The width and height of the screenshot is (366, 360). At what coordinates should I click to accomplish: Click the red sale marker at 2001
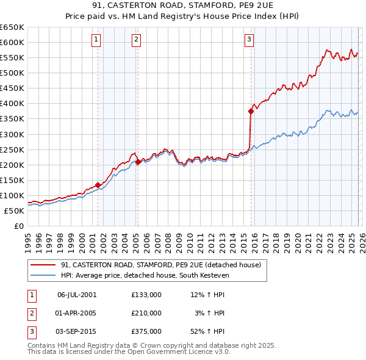pos(98,185)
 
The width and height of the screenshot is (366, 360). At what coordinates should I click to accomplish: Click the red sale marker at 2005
pos(138,162)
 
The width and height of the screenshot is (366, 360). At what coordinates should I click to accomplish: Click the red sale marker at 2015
pos(251,111)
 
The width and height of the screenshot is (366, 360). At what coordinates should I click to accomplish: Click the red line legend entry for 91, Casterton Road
pos(160,265)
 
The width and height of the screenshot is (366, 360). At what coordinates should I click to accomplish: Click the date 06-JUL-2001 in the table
pos(76,294)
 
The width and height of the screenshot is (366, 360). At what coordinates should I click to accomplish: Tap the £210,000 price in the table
pos(146,313)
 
